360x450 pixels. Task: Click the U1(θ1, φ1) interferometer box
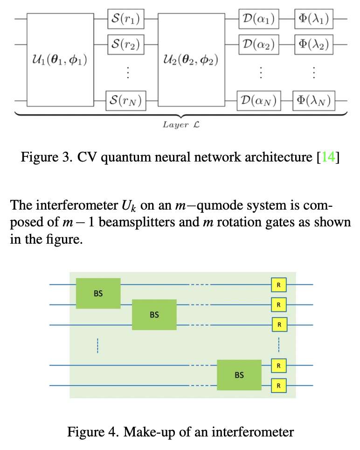click(60, 60)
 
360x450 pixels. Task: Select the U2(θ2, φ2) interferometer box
click(192, 60)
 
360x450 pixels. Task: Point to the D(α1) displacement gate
click(258, 20)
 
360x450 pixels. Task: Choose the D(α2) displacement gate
click(258, 45)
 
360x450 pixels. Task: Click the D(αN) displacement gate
click(258, 100)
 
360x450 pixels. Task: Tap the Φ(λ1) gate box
click(314, 20)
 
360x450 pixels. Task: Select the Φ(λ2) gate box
click(314, 45)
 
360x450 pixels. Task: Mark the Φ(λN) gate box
click(314, 100)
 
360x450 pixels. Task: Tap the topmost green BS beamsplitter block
click(98, 294)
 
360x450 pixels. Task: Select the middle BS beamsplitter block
click(154, 315)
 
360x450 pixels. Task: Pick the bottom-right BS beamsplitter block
click(239, 375)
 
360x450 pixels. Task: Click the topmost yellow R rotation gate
click(278, 284)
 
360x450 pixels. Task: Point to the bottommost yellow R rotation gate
click(278, 386)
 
